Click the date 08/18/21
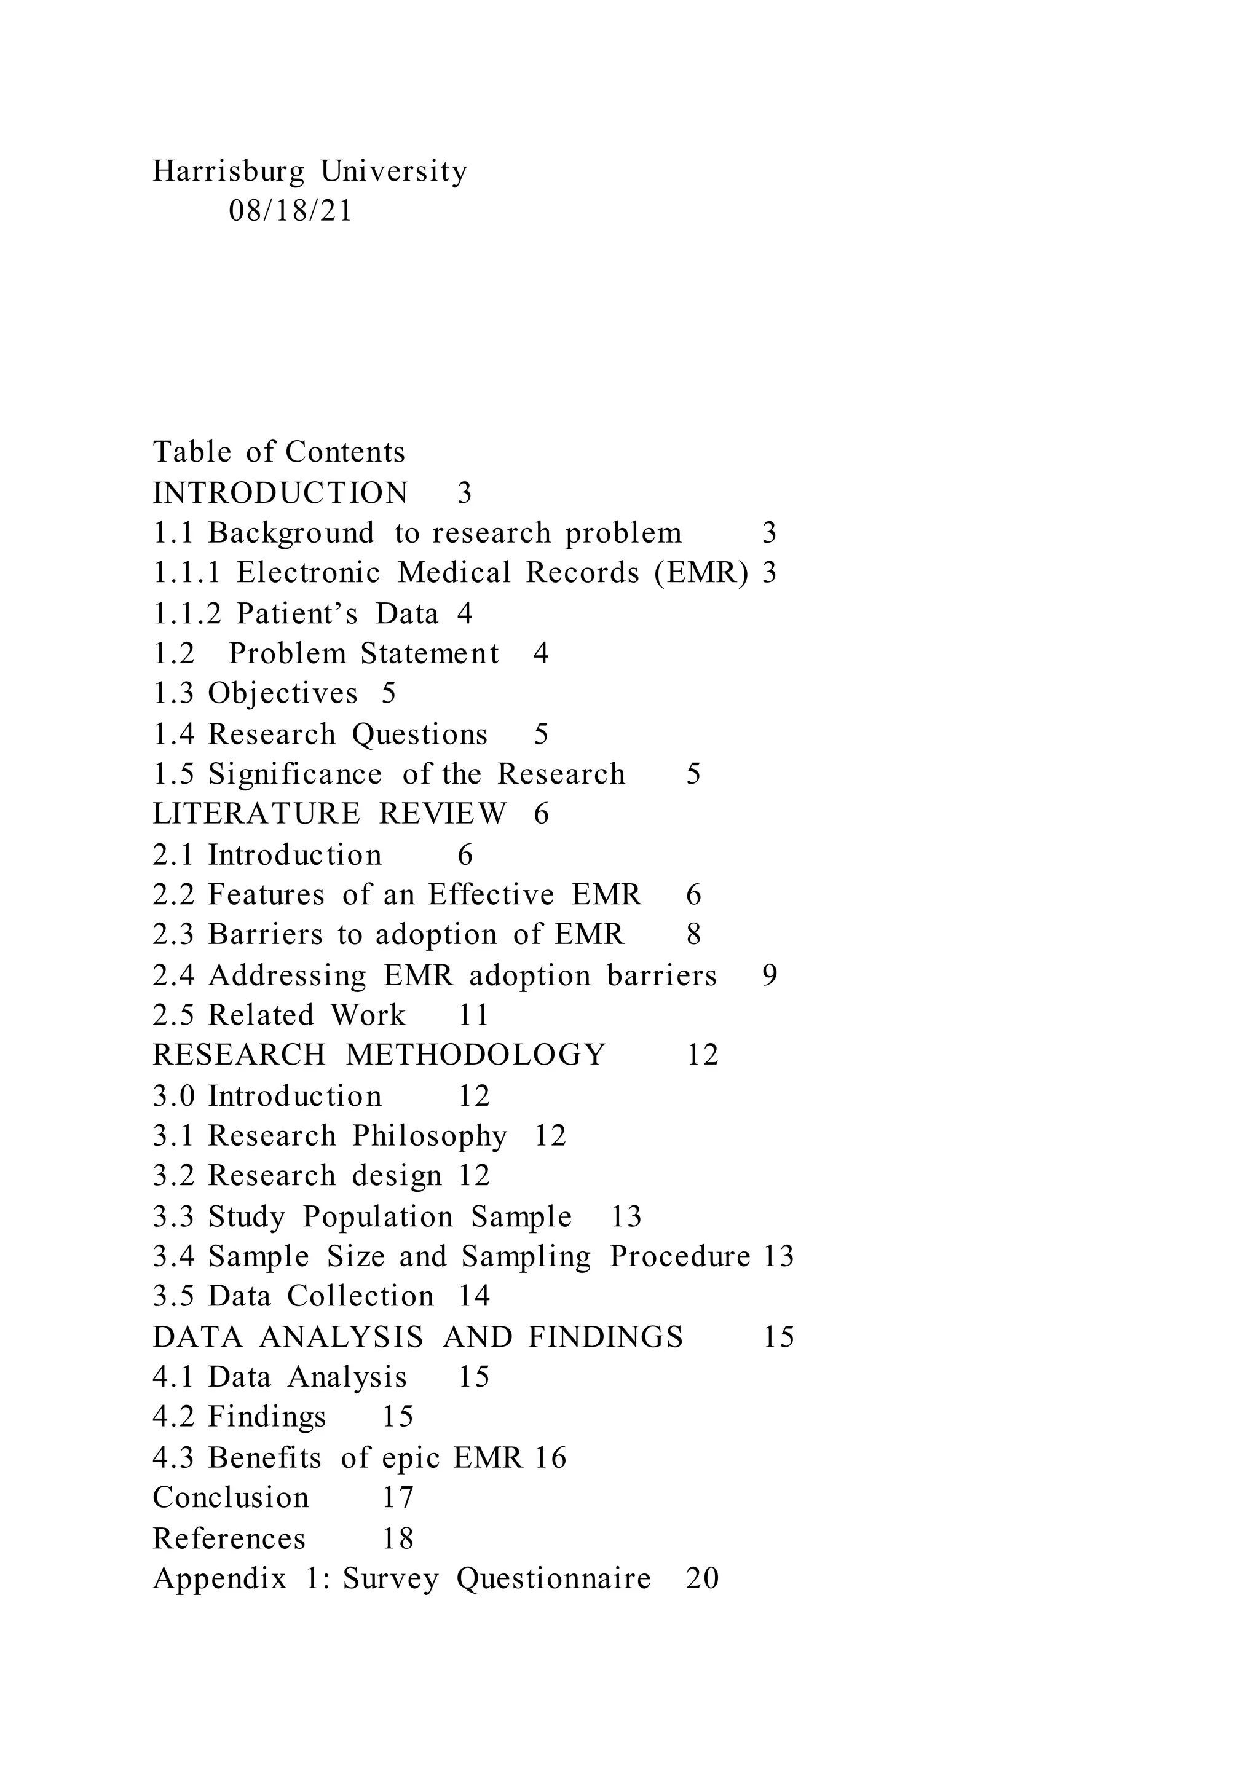(x=290, y=211)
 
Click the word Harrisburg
(x=229, y=171)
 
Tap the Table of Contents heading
(x=278, y=452)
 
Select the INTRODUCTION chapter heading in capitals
(x=281, y=493)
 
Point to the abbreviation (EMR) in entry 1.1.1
(x=701, y=573)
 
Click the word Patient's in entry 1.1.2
(x=297, y=614)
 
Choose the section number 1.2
(x=173, y=653)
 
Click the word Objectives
(x=283, y=694)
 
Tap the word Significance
(x=294, y=774)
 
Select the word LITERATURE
(x=256, y=814)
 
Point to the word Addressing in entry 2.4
(x=287, y=975)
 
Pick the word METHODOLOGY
(x=475, y=1055)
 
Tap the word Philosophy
(x=430, y=1136)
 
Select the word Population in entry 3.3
(x=377, y=1217)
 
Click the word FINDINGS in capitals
(x=606, y=1337)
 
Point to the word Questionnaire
(x=553, y=1578)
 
